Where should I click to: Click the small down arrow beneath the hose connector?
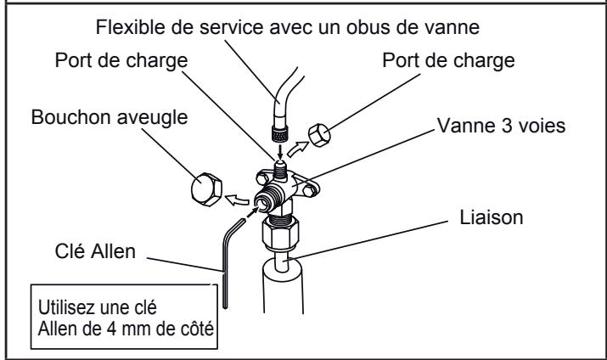278,154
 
